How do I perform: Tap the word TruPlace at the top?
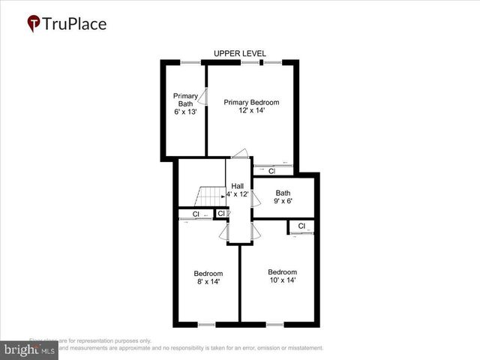75,24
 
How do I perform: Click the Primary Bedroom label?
251,102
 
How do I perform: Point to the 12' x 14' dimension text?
251,111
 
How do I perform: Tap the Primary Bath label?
185,100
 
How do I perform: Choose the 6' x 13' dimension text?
185,112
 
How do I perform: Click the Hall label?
237,186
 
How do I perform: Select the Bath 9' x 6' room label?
283,196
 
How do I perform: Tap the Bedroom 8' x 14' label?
208,277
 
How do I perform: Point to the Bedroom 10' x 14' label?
283,276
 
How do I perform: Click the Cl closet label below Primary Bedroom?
272,171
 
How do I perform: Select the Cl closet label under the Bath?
301,226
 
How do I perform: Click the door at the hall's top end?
239,154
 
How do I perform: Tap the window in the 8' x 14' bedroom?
206,325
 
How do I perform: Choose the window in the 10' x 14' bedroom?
274,325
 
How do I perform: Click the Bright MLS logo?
30,349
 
